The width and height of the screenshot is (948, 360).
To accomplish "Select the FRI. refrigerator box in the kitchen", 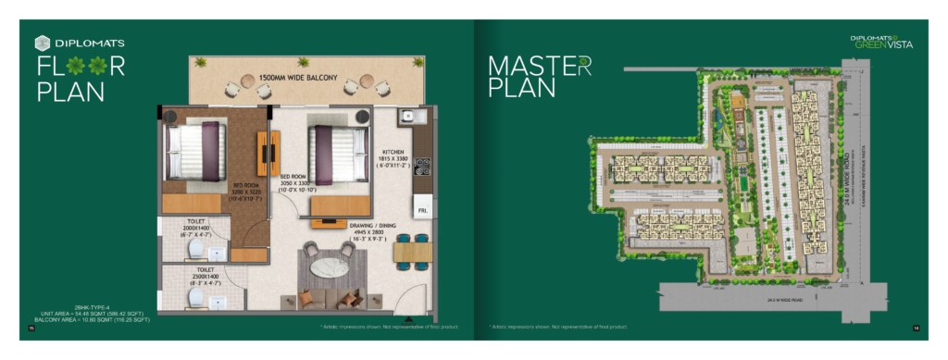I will [422, 211].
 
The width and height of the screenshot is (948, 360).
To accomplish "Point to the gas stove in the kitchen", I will [422, 167].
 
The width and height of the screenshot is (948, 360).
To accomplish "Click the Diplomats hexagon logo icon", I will [42, 43].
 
